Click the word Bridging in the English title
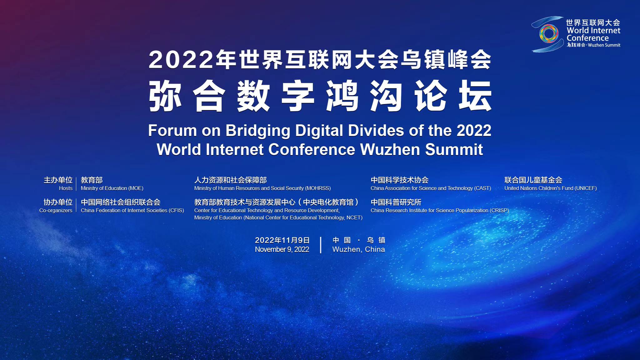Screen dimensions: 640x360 258,131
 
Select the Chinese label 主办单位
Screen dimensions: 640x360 58,180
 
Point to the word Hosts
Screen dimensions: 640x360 66,188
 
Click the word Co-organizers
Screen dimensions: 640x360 56,210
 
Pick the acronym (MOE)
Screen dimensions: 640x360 136,188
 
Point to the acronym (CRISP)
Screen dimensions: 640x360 499,210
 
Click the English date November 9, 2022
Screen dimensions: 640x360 282,249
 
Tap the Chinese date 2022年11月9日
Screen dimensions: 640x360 282,240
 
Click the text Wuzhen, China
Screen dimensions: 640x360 358,249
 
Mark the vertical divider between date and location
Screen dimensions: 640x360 321,245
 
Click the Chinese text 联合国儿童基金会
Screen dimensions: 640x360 533,180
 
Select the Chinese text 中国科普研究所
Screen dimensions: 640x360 396,202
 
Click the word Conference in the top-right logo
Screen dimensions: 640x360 587,38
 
